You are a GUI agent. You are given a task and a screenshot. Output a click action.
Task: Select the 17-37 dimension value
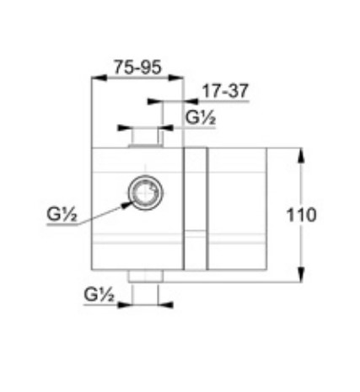pos(225,90)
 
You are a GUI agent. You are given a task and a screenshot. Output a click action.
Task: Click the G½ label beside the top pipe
pos(201,119)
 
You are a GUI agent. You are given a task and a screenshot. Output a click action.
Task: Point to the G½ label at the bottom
pos(99,295)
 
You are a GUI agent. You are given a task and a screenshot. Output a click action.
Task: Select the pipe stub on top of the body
pos(144,137)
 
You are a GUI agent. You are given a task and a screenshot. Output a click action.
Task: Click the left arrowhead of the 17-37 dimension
pos(151,101)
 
